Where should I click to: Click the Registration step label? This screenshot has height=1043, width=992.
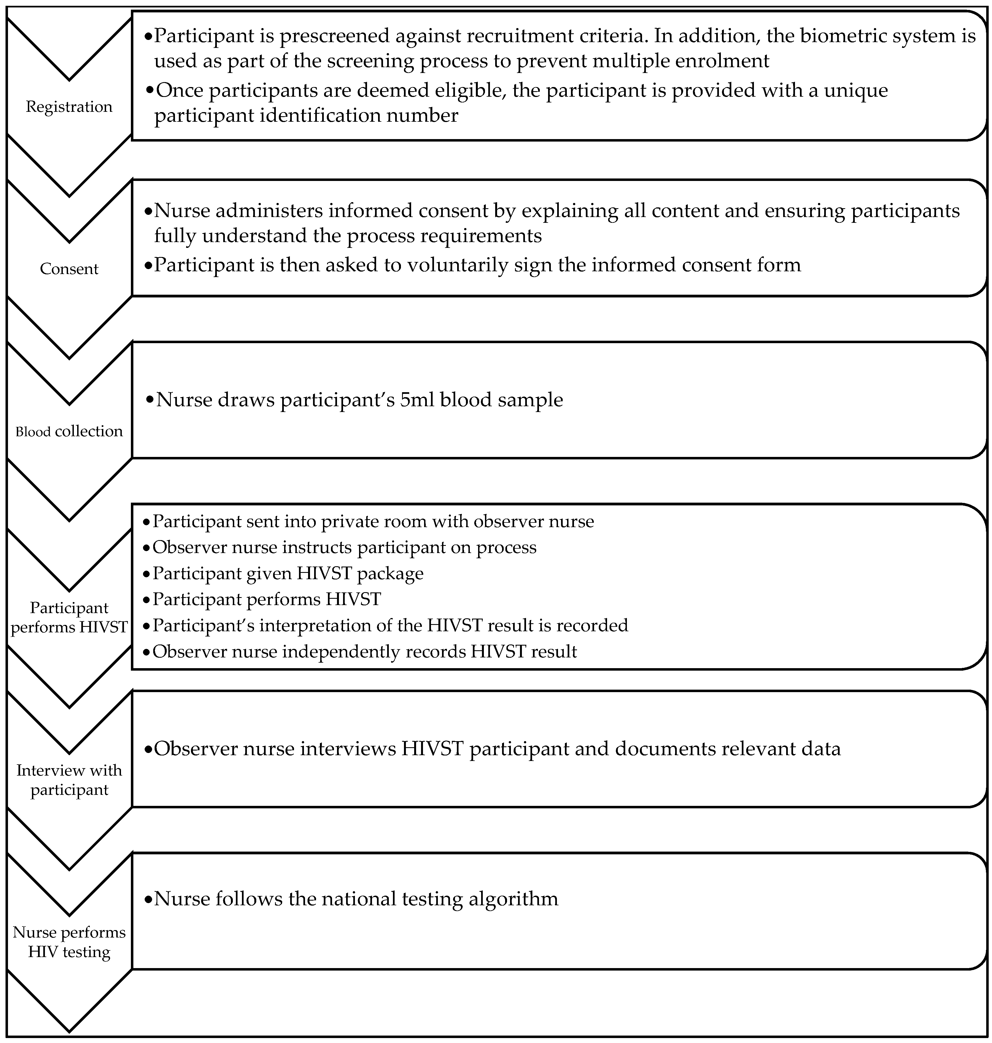pyautogui.click(x=69, y=107)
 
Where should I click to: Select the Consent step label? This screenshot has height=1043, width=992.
pyautogui.click(x=69, y=269)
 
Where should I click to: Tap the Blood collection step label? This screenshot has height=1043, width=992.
pyautogui.click(x=69, y=431)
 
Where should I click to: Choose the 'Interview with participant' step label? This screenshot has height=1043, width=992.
pyautogui.click(x=69, y=780)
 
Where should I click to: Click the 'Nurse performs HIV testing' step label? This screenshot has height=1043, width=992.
pyautogui.click(x=69, y=942)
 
